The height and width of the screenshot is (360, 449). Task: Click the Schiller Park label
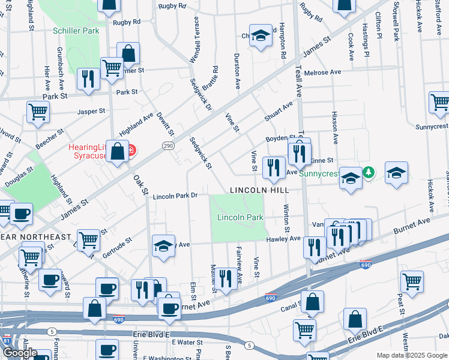[x=76, y=30]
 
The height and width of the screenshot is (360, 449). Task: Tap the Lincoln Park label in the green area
[x=240, y=217]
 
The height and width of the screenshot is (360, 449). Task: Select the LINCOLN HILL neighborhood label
[x=259, y=190]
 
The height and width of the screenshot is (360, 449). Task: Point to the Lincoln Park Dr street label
[x=175, y=196]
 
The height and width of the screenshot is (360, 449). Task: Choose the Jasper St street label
[x=91, y=112]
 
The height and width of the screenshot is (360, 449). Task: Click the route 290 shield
[x=169, y=146]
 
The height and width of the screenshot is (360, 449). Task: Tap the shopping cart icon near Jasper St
[x=38, y=112]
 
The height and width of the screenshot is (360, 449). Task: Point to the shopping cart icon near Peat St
[x=412, y=280]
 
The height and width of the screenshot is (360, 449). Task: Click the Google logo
[x=19, y=353]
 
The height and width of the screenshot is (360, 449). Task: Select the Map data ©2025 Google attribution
[x=412, y=355]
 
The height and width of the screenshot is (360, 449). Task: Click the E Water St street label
[x=188, y=342]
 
